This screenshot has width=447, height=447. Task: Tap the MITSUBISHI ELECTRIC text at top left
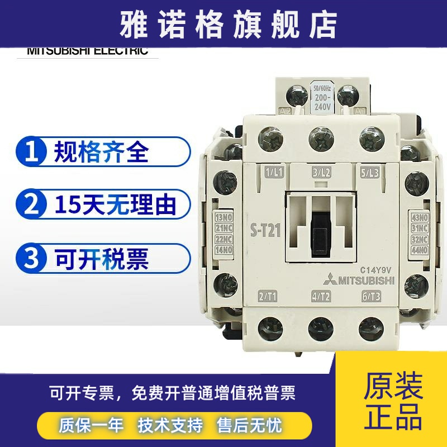(87, 51)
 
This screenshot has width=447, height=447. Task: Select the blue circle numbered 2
(32, 205)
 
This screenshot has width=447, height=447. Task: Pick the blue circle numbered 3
(32, 258)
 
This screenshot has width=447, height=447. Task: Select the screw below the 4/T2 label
(320, 326)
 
